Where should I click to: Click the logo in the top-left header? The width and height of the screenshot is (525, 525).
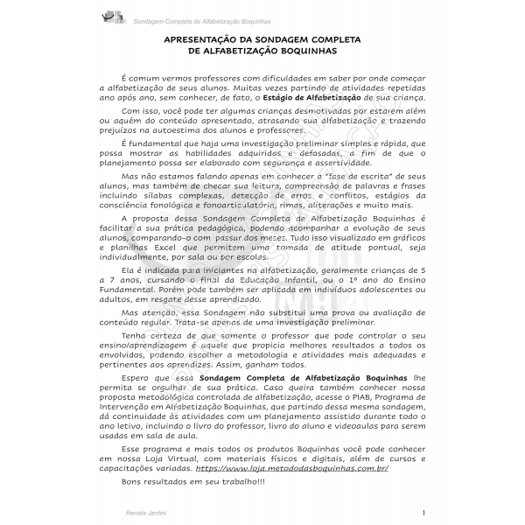pyautogui.click(x=115, y=15)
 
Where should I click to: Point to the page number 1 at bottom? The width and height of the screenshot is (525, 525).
pyautogui.click(x=423, y=512)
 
